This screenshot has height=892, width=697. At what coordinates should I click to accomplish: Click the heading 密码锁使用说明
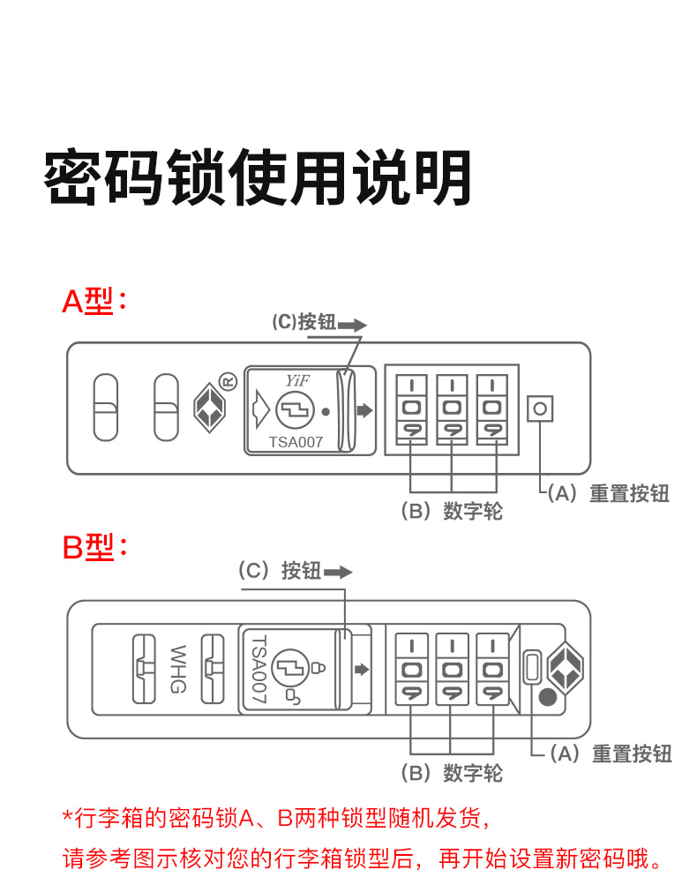click(257, 178)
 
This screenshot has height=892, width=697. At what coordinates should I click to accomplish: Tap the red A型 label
click(94, 302)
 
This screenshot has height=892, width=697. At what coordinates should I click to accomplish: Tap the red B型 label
click(94, 547)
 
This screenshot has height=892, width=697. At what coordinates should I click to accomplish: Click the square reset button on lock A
click(540, 409)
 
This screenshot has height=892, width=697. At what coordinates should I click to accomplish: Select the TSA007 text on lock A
click(296, 442)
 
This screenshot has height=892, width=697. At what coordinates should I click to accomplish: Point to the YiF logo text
click(296, 380)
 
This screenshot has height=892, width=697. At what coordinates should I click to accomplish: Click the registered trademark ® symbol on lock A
click(228, 381)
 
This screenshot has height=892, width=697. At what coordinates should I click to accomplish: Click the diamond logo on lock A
click(206, 407)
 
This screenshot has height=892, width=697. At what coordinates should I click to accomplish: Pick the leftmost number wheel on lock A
click(411, 409)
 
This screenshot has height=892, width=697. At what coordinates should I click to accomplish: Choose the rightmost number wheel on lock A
click(492, 409)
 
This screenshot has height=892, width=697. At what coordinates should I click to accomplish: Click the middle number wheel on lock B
click(452, 670)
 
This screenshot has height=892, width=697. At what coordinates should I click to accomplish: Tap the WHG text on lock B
click(178, 669)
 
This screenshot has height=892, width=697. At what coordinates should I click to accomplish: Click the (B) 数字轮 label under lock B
click(452, 774)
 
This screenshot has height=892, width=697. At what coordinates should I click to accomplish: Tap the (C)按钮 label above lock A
click(304, 322)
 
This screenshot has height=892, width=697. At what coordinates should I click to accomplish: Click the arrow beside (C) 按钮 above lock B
click(338, 572)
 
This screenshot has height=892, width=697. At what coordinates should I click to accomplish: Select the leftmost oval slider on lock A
click(106, 407)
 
